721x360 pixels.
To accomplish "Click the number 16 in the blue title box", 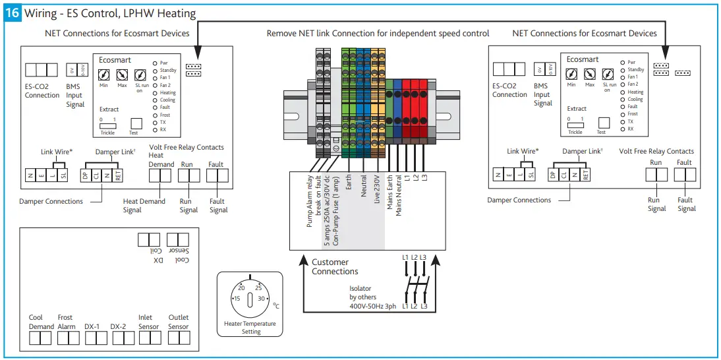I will pyautogui.click(x=13, y=13).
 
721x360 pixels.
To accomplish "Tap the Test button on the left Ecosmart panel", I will pyautogui.click(x=137, y=123).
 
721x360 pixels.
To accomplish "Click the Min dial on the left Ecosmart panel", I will pyautogui.click(x=103, y=76).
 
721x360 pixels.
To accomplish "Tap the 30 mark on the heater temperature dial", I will pyautogui.click(x=262, y=299).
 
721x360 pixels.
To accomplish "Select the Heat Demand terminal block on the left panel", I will pyautogui.click(x=161, y=176).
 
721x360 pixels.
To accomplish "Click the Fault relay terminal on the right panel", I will pyautogui.click(x=685, y=174).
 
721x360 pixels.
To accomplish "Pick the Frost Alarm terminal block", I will pyautogui.click(x=67, y=338).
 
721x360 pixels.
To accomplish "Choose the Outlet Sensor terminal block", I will pyautogui.click(x=179, y=338).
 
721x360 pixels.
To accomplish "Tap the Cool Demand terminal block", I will pyautogui.click(x=40, y=338).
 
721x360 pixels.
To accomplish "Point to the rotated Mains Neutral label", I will pyautogui.click(x=399, y=202).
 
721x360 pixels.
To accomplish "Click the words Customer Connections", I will pyautogui.click(x=335, y=267).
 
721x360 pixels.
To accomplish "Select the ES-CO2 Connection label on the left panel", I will pyautogui.click(x=42, y=91).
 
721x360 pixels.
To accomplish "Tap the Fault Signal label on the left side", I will pyautogui.click(x=218, y=206).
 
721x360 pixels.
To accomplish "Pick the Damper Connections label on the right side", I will pyautogui.click(x=519, y=200).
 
